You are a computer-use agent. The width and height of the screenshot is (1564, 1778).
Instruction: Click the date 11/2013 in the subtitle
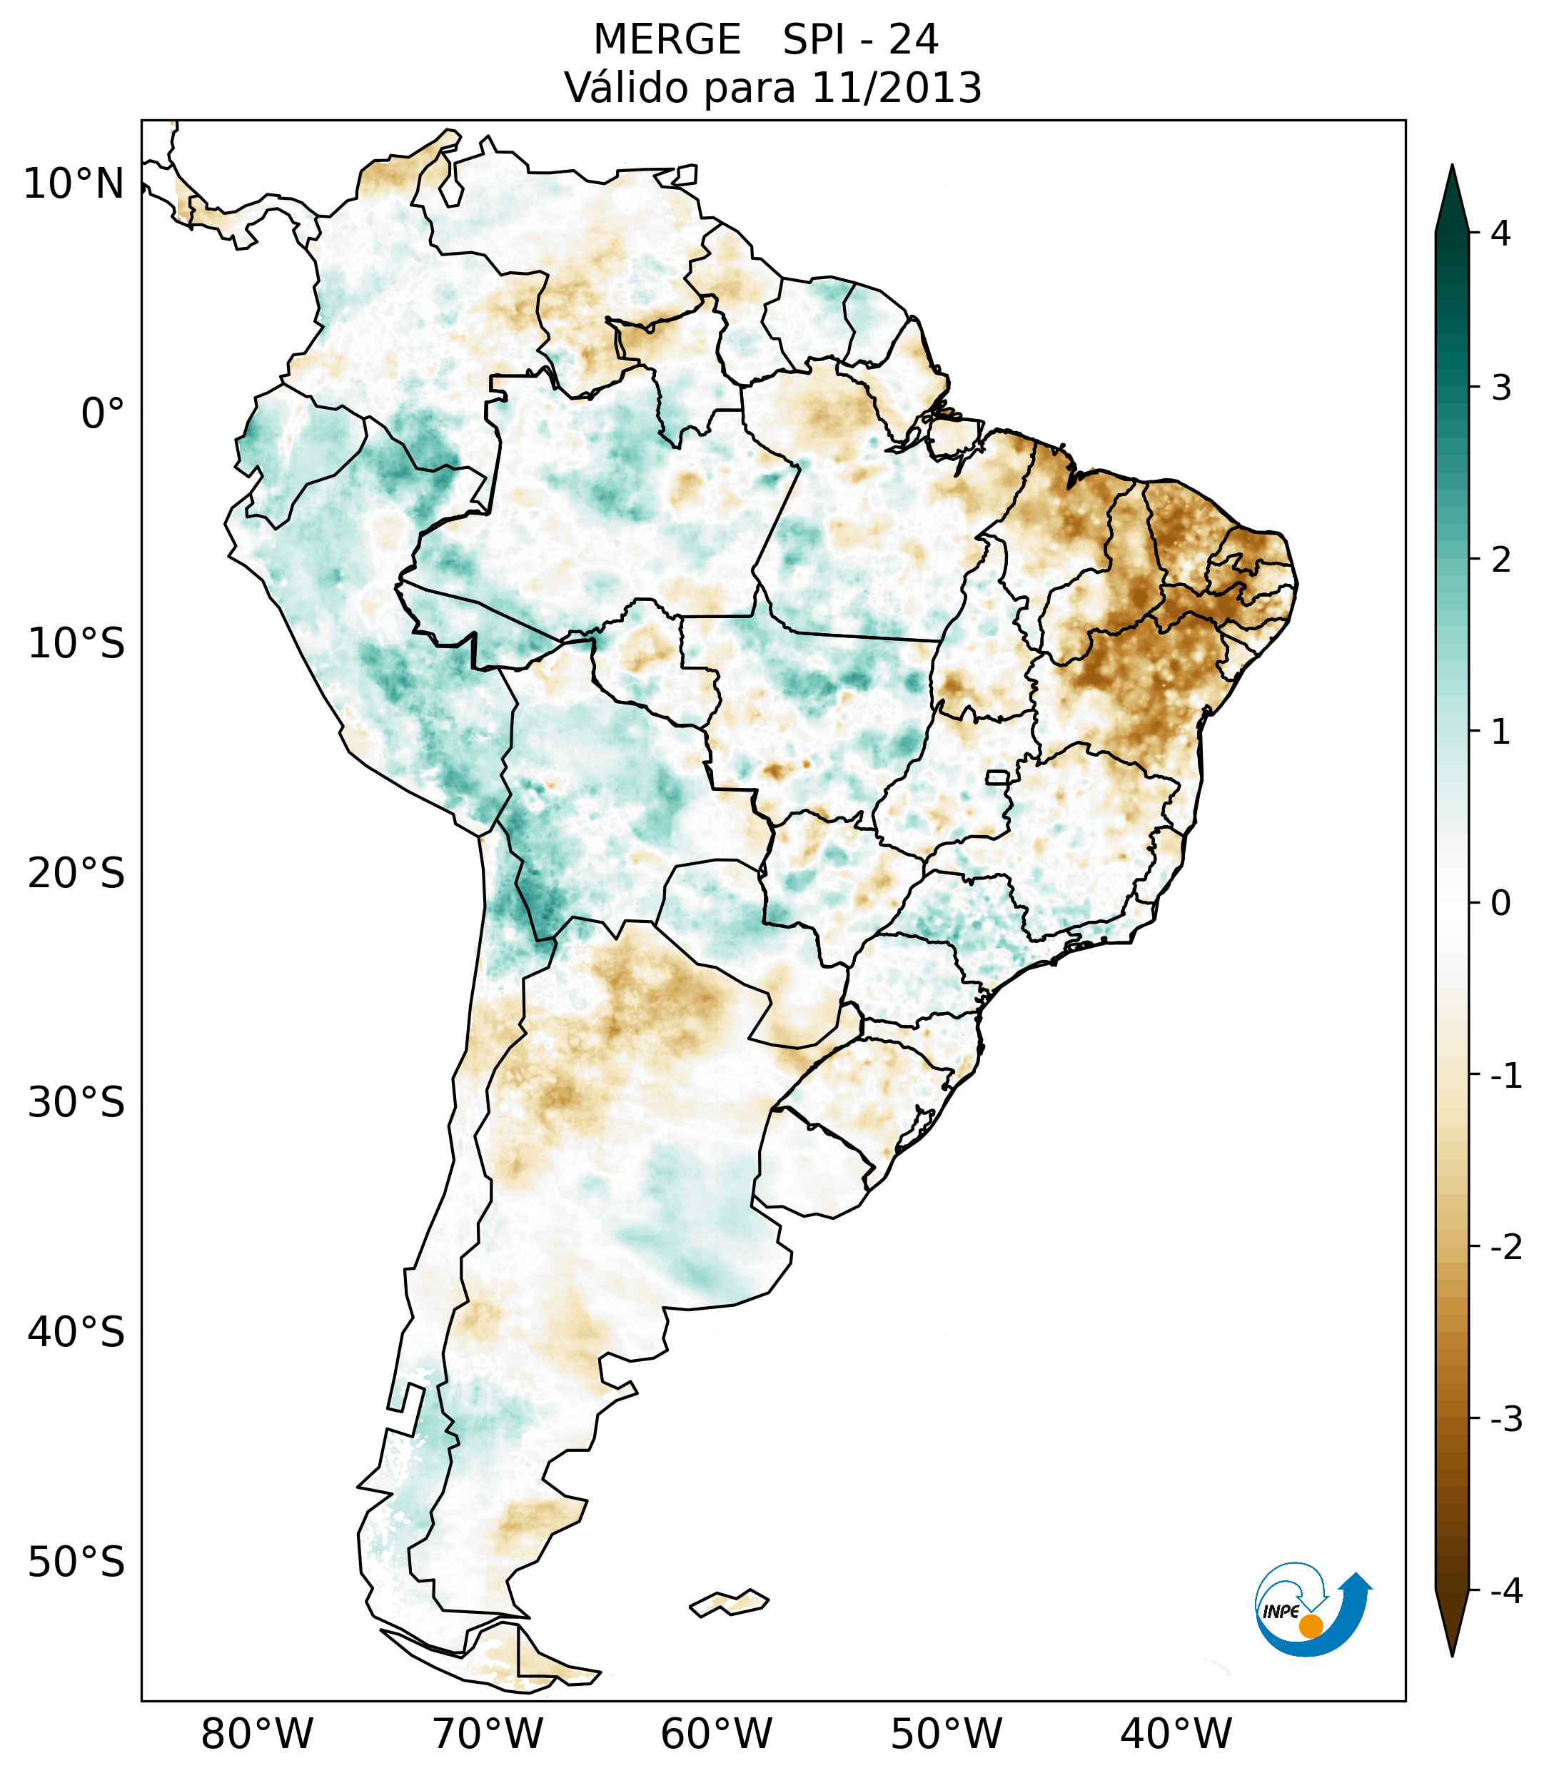896,88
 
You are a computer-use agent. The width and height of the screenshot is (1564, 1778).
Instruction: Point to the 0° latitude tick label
102,413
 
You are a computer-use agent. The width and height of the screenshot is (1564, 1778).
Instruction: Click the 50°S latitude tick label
76,1562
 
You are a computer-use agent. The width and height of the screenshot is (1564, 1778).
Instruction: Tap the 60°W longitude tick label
716,1734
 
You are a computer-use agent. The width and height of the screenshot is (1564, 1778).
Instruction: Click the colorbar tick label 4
1500,233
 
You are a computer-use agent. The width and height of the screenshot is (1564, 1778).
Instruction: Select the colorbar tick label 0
1500,904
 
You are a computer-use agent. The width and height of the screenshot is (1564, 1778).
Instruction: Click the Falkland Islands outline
729,1603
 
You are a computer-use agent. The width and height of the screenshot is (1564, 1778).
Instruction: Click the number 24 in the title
914,40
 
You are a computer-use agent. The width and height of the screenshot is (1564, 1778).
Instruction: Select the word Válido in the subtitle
626,88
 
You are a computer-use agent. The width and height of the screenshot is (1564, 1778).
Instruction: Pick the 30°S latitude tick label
76,1102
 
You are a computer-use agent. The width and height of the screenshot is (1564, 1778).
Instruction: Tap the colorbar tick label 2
1500,560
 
